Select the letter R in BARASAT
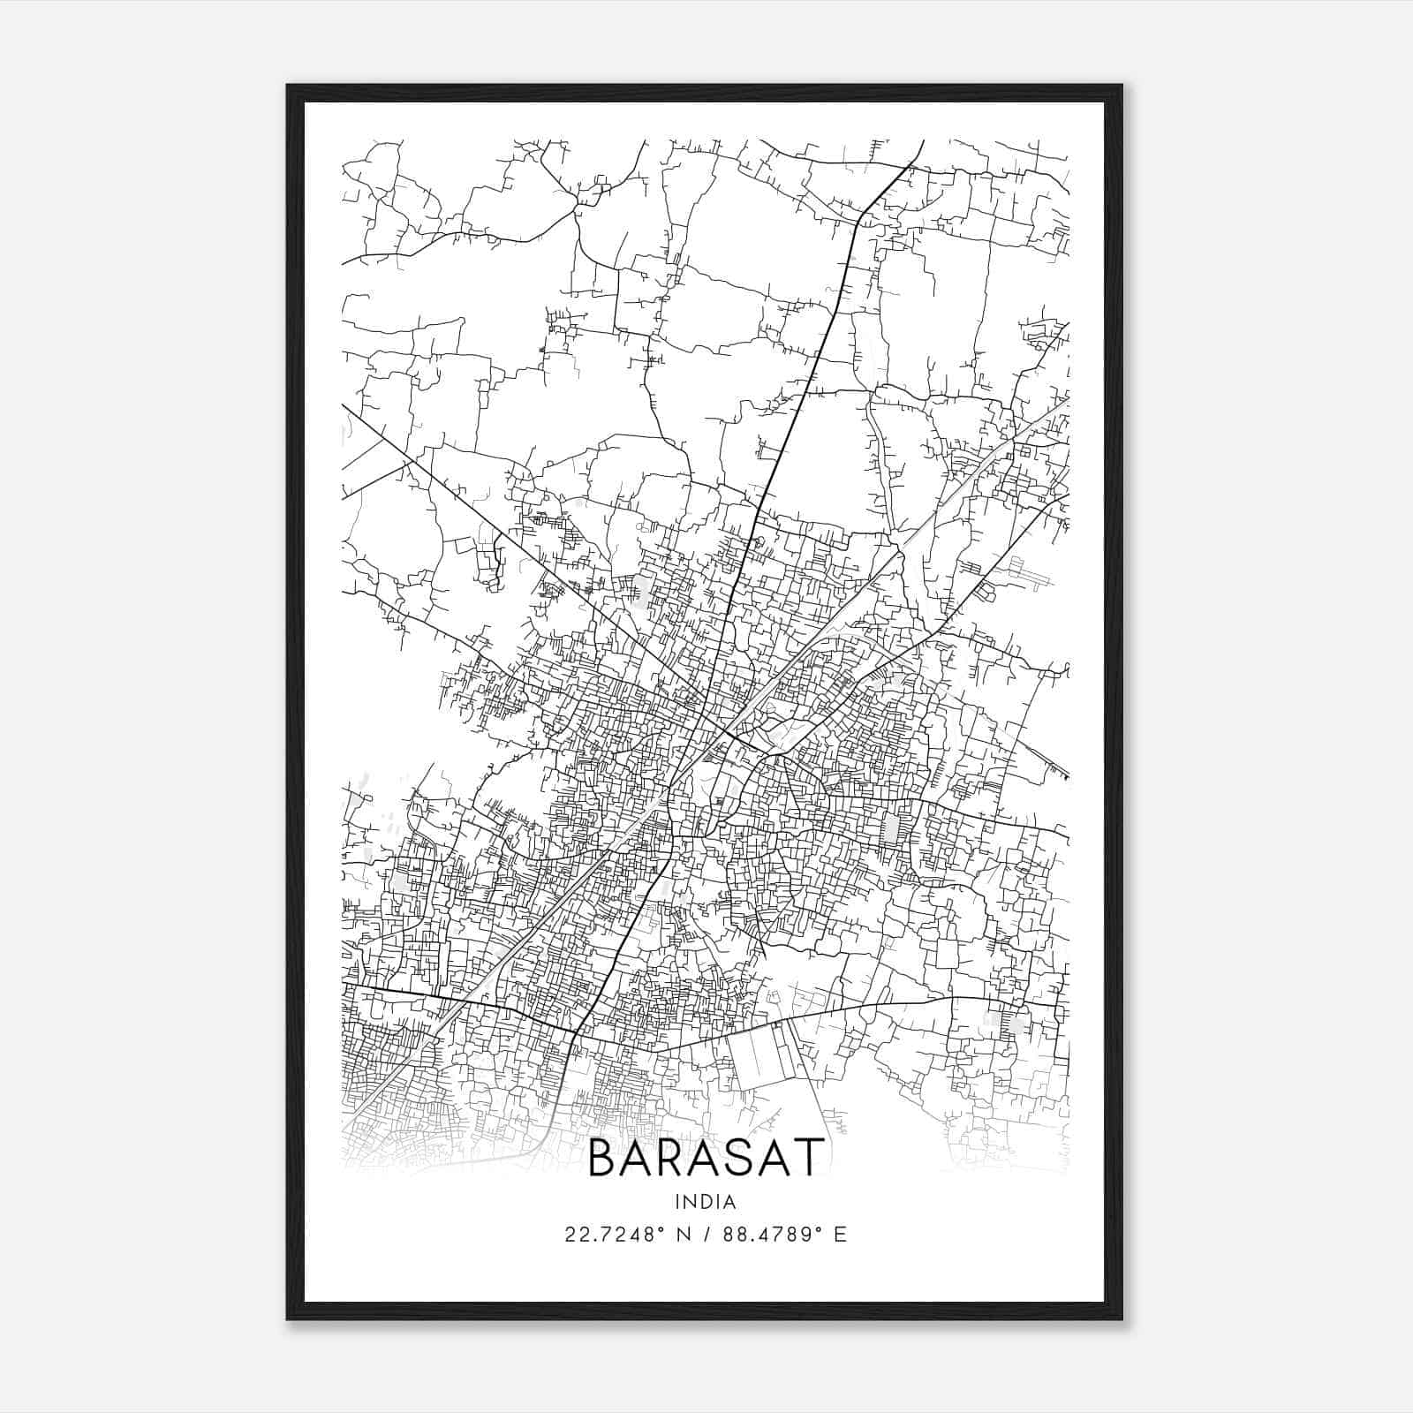pos(673,1158)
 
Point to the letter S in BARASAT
pos(742,1158)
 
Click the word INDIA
pos(705,1202)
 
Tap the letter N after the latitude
pos(682,1235)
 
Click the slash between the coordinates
pos(706,1235)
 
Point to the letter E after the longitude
pos(840,1235)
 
